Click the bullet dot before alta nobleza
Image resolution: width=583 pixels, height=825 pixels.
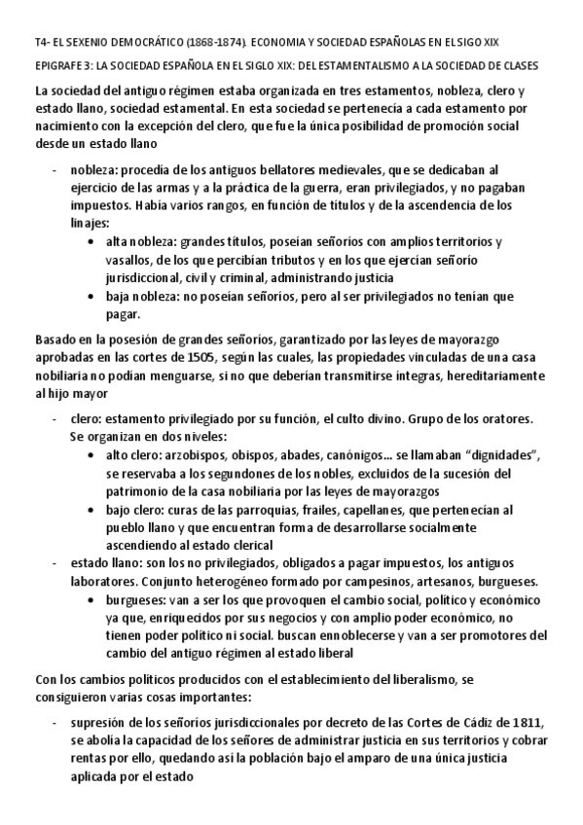91,241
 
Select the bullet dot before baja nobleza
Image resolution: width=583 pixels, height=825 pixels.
91,296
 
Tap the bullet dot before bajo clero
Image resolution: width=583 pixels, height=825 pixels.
91,510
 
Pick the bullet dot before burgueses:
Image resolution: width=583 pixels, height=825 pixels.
91,600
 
